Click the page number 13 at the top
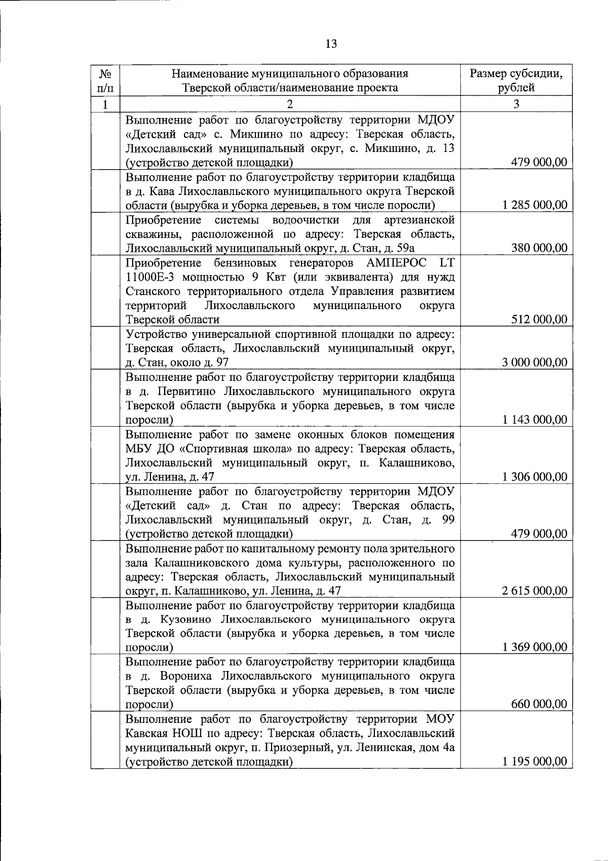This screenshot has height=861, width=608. pos(331,44)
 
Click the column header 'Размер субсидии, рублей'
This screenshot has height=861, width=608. pos(516,81)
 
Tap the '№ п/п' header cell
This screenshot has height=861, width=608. pos(105,81)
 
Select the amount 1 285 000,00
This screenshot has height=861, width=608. pos(535,205)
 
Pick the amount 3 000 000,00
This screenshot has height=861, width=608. pos(535,362)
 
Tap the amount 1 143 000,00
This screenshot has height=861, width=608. pos(535,419)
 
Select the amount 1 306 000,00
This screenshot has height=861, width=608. pos(535,477)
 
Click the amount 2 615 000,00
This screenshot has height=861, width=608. pos(535,591)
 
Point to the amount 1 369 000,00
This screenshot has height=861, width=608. pos(535,647)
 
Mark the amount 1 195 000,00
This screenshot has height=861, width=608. pos(535,762)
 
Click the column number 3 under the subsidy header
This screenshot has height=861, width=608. pos(516,104)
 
